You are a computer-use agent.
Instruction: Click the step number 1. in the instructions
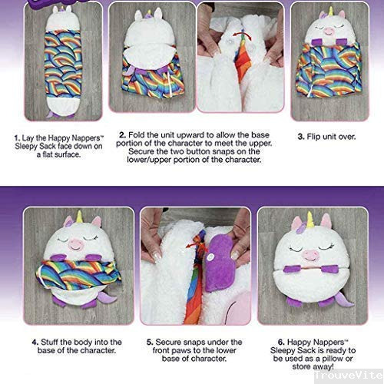click(x=17, y=138)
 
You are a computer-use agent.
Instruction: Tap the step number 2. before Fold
click(x=123, y=135)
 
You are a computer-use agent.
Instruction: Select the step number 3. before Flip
click(x=301, y=137)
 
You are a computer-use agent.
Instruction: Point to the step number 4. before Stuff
click(x=35, y=343)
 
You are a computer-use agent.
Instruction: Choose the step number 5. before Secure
click(x=150, y=343)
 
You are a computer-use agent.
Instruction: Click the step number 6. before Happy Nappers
click(x=281, y=342)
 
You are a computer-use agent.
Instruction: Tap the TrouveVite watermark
click(x=349, y=376)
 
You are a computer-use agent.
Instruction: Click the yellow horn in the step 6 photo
click(x=310, y=220)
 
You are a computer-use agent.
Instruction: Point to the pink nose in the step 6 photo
click(x=310, y=255)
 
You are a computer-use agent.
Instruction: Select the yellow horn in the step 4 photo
click(x=80, y=217)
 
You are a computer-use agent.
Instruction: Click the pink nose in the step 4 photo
click(x=76, y=243)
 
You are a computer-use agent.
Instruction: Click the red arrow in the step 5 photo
click(x=195, y=245)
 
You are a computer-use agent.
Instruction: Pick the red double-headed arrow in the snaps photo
click(x=242, y=36)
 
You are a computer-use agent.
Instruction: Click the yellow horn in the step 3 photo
click(x=330, y=11)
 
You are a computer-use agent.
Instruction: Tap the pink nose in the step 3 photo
click(x=328, y=31)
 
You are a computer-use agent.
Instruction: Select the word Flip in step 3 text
click(x=313, y=137)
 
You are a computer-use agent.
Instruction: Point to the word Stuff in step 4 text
click(x=49, y=343)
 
